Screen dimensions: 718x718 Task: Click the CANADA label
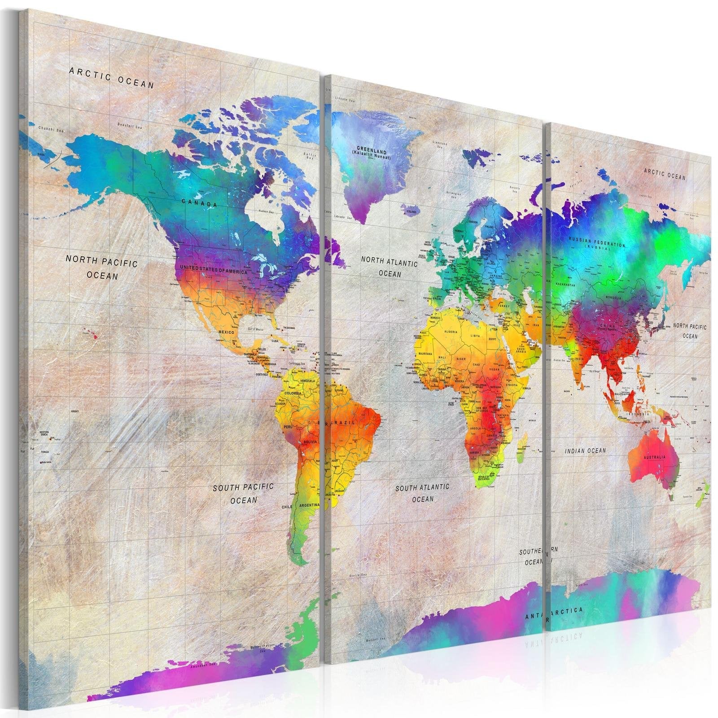point(200,204)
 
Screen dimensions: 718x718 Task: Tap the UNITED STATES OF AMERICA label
point(214,270)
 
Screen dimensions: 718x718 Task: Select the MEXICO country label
point(227,333)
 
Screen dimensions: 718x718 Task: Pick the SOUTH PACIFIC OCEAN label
point(243,493)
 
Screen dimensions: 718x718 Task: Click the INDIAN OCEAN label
point(585,451)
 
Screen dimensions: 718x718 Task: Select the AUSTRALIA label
point(655,456)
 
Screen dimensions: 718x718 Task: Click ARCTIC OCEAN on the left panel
point(111,77)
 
